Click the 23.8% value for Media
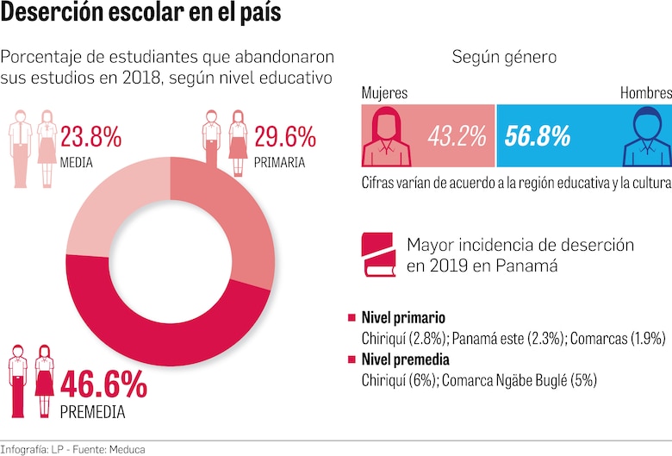(x=90, y=137)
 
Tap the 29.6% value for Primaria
(x=284, y=137)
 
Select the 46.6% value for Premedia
(x=103, y=384)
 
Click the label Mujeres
(x=384, y=93)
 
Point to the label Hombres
(x=645, y=93)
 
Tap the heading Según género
(x=504, y=58)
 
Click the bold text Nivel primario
(x=402, y=316)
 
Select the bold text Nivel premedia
(x=406, y=359)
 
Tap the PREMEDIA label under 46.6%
(x=92, y=412)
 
